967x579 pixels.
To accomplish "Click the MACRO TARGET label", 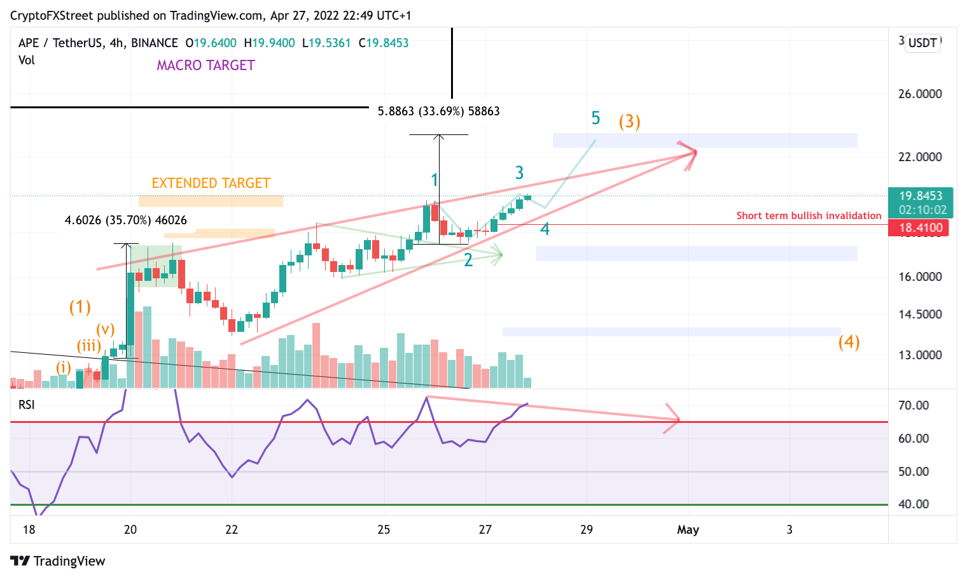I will (205, 65).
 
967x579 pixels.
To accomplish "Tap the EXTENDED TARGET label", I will (211, 183).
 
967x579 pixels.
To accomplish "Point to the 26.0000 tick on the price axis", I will (919, 94).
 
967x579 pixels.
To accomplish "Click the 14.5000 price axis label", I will (919, 314).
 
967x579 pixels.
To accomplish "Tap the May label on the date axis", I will (688, 529).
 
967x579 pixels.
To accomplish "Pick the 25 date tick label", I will (384, 529).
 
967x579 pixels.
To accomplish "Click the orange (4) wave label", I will (849, 342).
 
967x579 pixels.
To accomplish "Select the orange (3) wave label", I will (629, 121).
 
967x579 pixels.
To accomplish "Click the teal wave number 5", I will (595, 118).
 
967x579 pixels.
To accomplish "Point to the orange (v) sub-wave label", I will (106, 329).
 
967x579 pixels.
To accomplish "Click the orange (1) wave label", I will (80, 307).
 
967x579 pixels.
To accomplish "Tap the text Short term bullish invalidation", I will (809, 215).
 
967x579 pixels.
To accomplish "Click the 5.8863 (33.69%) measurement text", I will (438, 111).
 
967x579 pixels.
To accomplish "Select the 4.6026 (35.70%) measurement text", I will (125, 220).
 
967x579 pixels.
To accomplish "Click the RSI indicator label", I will (26, 404).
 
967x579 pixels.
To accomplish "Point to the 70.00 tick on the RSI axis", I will (913, 405).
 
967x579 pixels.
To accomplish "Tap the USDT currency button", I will (922, 43).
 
